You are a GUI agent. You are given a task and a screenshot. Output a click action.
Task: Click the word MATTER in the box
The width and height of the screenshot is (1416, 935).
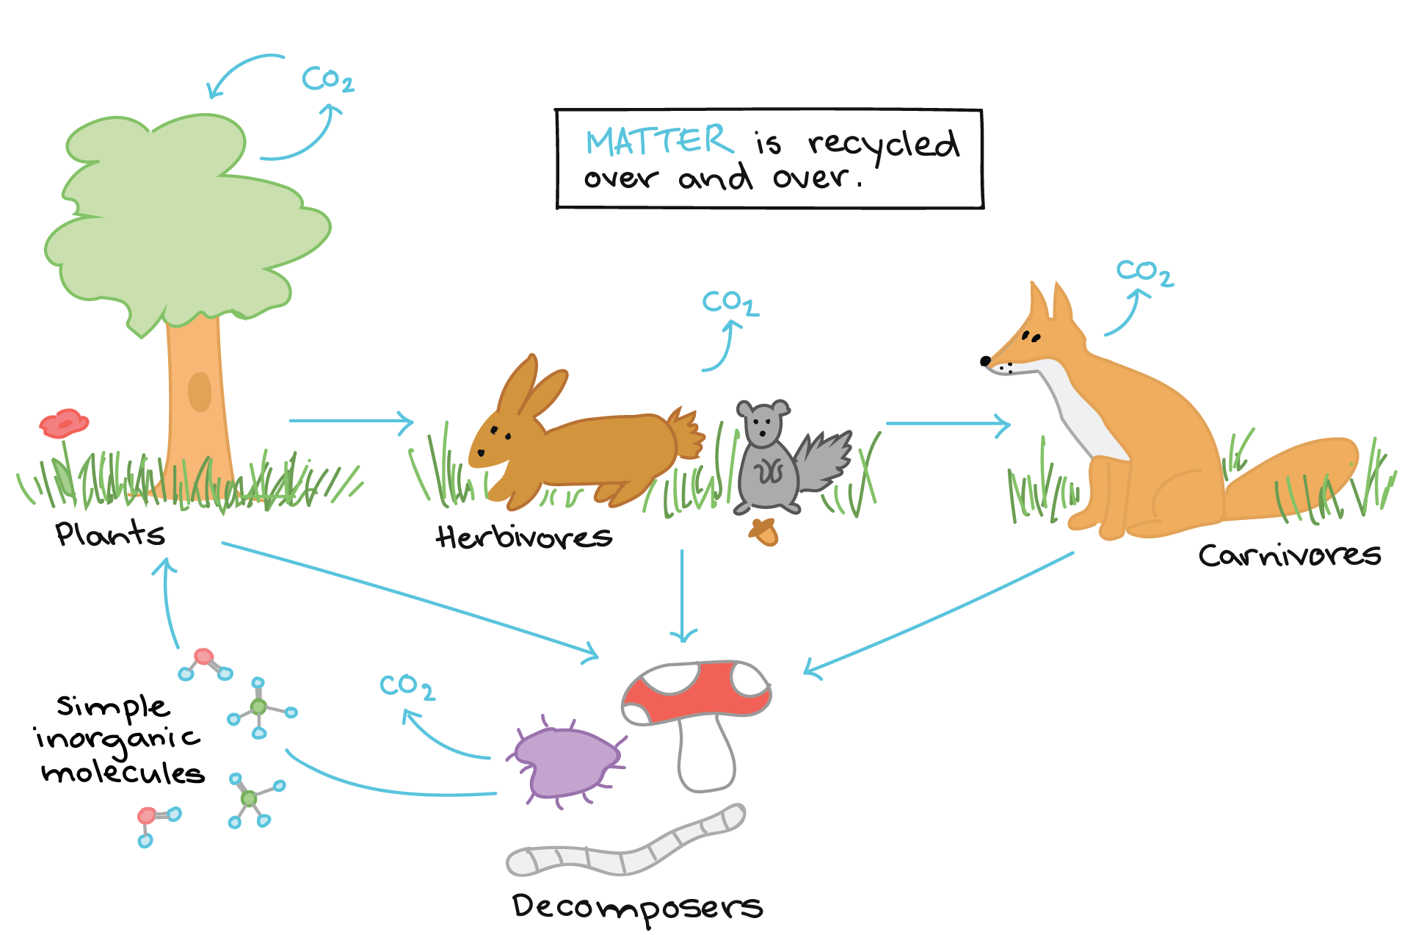(x=659, y=140)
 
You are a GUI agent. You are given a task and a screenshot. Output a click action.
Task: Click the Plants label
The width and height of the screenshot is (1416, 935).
(x=110, y=533)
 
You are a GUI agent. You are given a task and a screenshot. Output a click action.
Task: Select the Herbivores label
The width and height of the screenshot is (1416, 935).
(x=524, y=537)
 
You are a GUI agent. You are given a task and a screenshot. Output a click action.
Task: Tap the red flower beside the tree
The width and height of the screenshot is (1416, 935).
(x=64, y=424)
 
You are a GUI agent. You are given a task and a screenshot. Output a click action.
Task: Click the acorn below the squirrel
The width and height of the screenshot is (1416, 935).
(x=763, y=532)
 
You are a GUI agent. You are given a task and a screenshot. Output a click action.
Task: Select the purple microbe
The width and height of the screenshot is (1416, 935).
(x=566, y=762)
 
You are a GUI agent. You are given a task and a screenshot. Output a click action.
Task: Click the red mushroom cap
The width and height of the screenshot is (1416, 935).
(x=696, y=690)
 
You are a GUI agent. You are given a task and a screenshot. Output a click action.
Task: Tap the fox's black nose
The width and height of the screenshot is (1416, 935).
(x=985, y=361)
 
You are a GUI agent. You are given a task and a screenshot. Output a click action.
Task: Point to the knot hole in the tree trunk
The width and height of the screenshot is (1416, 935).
(x=200, y=391)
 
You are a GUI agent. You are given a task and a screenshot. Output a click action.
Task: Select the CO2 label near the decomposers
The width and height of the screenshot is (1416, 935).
(x=407, y=687)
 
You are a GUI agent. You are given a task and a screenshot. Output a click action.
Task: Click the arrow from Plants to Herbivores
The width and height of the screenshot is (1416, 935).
(x=352, y=422)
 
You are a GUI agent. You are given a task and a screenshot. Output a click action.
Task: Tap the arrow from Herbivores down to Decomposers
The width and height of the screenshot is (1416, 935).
(x=683, y=596)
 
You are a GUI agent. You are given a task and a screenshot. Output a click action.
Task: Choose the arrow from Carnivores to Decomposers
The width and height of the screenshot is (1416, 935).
(x=939, y=614)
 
